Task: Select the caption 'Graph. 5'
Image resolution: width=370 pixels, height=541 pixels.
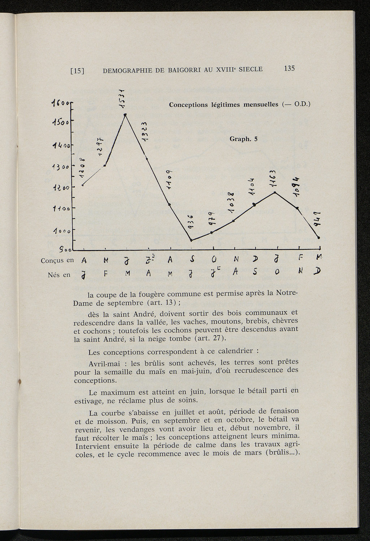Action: coord(244,139)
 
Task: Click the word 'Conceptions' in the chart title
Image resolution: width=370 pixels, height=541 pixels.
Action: coord(188,105)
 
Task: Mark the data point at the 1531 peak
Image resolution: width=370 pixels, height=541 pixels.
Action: coord(125,115)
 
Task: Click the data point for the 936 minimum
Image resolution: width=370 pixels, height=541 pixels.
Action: coord(191,240)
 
